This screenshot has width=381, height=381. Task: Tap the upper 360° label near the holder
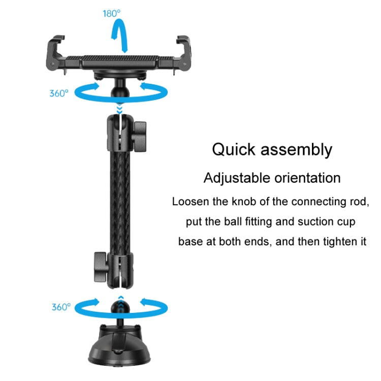59,93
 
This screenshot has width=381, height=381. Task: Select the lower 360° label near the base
61,307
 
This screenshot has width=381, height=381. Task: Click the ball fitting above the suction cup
120,308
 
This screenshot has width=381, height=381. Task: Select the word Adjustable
237,178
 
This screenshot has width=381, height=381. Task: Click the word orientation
307,178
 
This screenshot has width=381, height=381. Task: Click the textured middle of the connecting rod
120,203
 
